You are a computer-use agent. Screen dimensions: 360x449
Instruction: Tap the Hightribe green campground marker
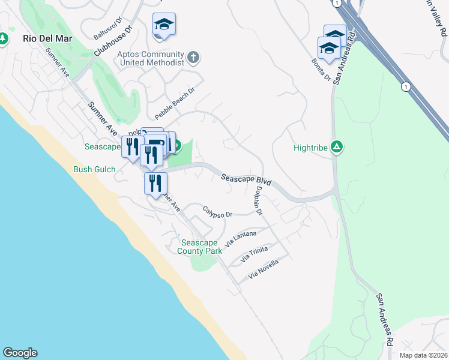click(337, 146)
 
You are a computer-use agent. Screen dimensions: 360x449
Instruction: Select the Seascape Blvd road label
click(246, 179)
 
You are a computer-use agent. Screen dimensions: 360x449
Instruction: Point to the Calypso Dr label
click(217, 212)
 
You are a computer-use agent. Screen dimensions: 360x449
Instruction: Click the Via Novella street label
click(264, 269)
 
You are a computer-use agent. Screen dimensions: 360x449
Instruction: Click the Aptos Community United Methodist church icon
click(193, 58)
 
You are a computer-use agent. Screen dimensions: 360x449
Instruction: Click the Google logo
click(20, 353)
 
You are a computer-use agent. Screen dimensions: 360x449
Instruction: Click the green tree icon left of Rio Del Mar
click(4, 38)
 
